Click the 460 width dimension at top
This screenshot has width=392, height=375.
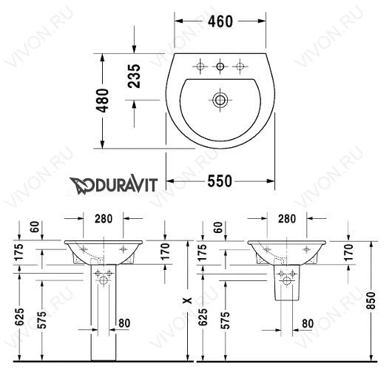click(220, 21)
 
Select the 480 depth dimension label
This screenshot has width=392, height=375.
click(103, 101)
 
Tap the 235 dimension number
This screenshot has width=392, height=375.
click(135, 76)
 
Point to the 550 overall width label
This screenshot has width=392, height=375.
click(220, 181)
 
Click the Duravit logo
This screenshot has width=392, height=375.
click(113, 185)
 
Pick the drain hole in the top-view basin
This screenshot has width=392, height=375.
click(220, 100)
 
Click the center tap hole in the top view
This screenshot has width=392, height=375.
click(220, 67)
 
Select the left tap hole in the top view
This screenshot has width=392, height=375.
click(200, 67)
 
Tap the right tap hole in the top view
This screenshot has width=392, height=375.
click(240, 67)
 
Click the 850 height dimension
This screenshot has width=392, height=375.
click(371, 300)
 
